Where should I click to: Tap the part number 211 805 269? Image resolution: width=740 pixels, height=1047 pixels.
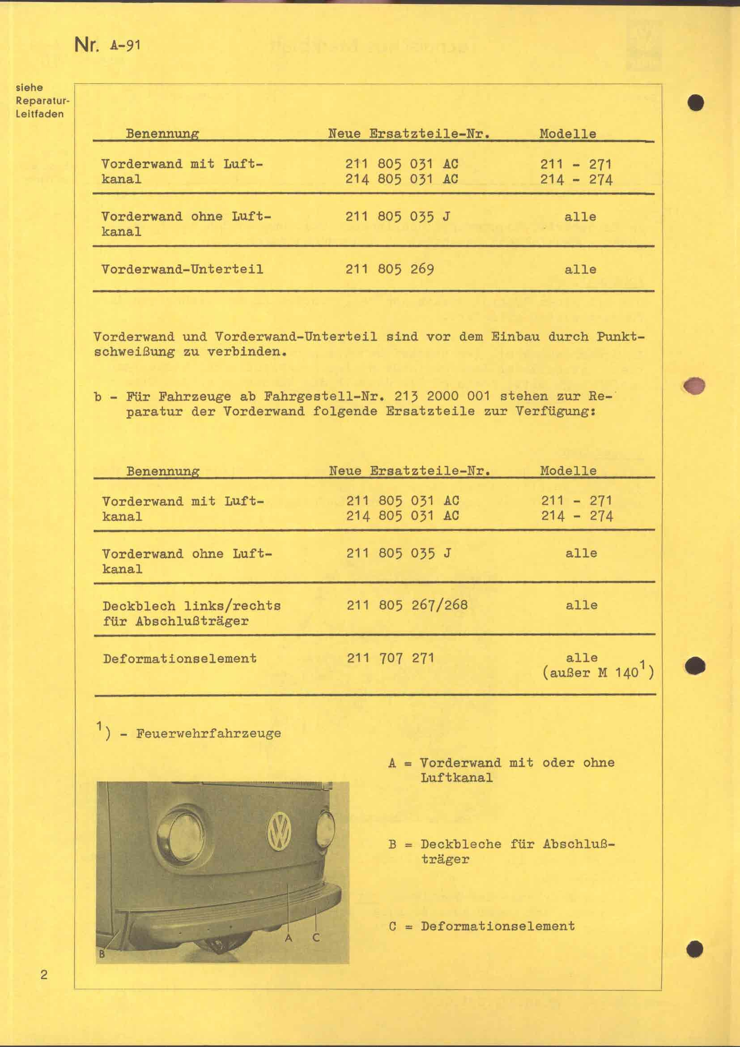[x=390, y=269]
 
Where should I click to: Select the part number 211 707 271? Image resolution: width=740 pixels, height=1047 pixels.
[x=391, y=658]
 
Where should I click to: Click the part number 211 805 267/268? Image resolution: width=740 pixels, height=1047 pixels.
[x=407, y=605]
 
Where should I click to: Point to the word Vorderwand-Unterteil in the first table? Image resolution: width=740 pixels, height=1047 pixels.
[x=182, y=269]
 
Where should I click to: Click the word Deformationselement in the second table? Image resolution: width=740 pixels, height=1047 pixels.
[x=180, y=658]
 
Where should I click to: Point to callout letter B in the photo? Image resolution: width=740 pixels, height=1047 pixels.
[x=102, y=953]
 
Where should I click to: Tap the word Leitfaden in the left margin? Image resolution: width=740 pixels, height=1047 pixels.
[x=40, y=114]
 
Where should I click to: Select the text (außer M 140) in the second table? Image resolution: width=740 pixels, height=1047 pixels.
[x=598, y=673]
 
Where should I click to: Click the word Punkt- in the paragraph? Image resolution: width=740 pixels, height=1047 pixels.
[x=620, y=337]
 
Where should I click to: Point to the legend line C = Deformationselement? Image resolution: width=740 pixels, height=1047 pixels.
[x=482, y=926]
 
